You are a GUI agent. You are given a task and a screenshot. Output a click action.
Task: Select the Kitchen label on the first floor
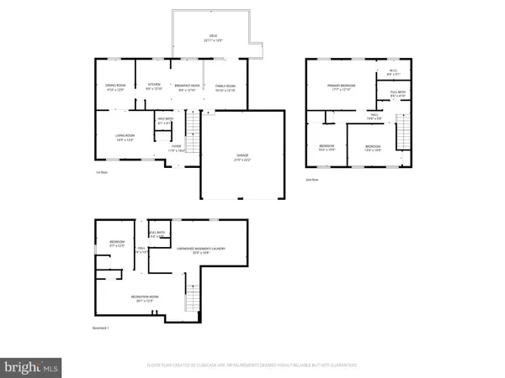click(154, 86)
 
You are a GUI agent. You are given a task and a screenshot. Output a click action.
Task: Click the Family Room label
click(225, 87)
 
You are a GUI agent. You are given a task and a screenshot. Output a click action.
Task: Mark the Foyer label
click(177, 149)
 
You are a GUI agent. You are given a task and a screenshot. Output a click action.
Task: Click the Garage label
click(242, 157)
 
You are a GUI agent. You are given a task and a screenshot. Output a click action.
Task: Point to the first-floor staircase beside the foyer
click(193, 135)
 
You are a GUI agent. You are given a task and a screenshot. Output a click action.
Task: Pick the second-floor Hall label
click(374, 117)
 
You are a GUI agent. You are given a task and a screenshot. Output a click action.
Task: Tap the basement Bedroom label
click(116, 244)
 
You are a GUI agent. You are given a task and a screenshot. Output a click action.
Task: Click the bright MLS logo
click(31, 366)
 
